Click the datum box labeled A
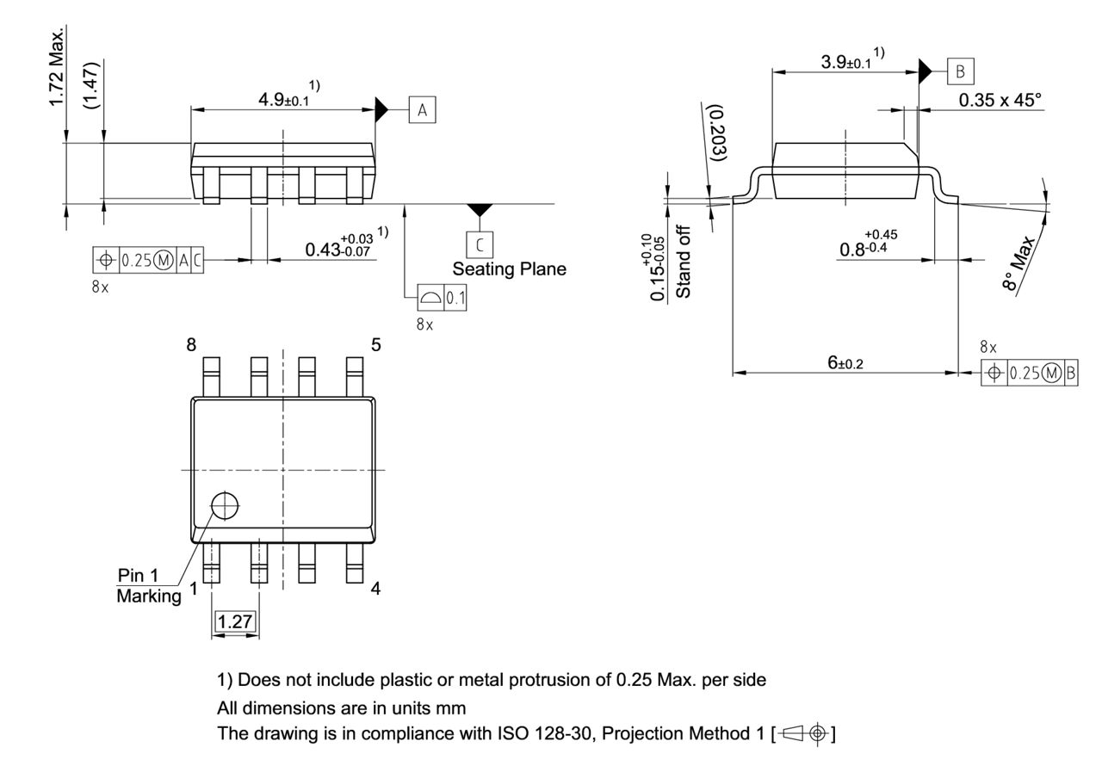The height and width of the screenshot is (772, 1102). point(422,110)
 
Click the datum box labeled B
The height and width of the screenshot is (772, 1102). point(961,71)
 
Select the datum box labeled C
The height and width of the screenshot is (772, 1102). point(480,244)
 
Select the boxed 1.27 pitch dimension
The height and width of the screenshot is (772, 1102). point(235,621)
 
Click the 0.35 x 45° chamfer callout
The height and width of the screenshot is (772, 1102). point(1000,100)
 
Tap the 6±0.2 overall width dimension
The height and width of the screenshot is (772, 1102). point(845,363)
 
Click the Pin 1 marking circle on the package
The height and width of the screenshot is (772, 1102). point(225,505)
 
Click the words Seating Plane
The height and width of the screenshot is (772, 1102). point(509,269)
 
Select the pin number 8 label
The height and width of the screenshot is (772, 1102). point(191,345)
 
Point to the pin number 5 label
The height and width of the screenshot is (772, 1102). point(376,345)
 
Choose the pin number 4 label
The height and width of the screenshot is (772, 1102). point(376,589)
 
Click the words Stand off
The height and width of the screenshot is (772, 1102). point(684,262)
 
